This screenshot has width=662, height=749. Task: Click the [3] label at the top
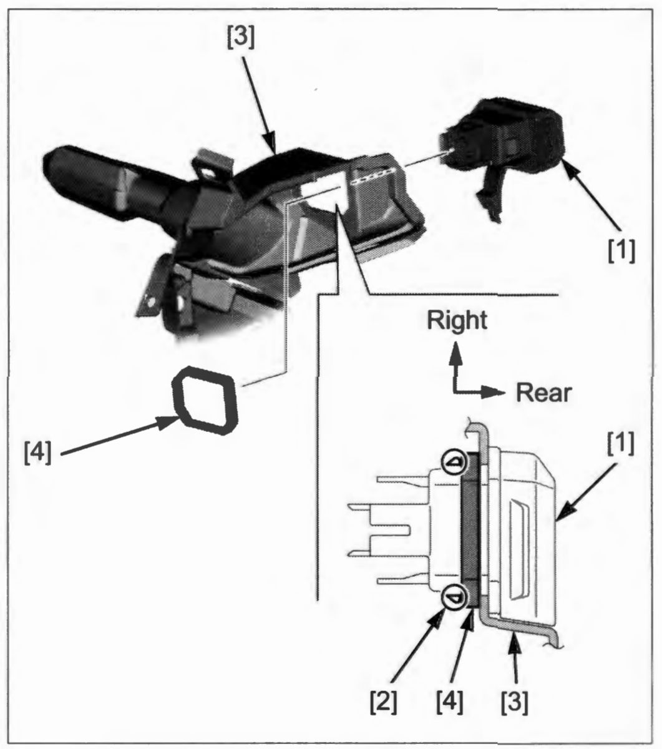[241, 39]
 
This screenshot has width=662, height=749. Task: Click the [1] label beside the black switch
[621, 252]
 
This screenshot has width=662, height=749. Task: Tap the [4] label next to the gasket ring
[37, 453]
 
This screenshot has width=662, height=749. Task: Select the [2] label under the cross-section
[384, 702]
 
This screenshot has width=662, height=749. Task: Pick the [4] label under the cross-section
[449, 702]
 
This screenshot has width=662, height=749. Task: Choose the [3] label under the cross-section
[515, 702]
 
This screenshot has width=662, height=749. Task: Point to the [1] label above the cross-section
[621, 444]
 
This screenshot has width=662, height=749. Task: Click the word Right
[457, 321]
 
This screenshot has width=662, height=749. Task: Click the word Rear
[543, 393]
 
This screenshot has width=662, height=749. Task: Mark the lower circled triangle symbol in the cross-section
[454, 598]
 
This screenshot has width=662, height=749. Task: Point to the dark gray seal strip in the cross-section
[470, 530]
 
